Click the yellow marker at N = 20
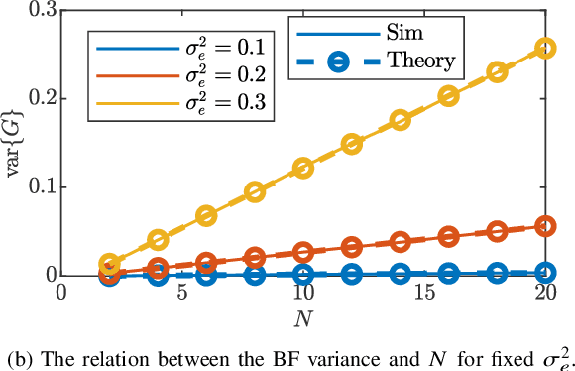pos(545,48)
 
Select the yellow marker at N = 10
pos(303,169)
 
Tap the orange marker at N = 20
pos(545,227)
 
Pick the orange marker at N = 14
pos(401,241)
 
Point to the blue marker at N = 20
pos(545,272)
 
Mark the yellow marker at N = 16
pos(449,96)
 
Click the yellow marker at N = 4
pos(158,240)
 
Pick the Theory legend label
pos(420,61)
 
